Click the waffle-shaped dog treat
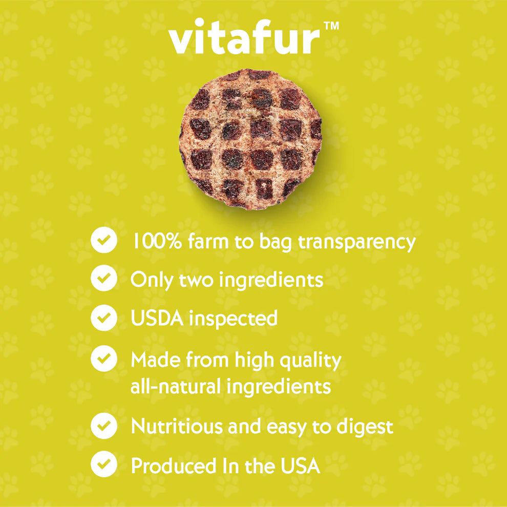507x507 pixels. [x=251, y=139]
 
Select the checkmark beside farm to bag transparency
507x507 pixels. [x=103, y=241]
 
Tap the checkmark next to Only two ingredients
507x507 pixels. [x=103, y=279]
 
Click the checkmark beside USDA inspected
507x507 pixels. [x=103, y=318]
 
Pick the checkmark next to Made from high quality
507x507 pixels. [x=103, y=358]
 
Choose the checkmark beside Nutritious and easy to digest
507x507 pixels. [x=103, y=426]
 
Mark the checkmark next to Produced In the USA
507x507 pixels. [x=103, y=464]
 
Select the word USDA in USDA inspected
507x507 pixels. [x=157, y=318]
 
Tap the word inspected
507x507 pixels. [x=234, y=319]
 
